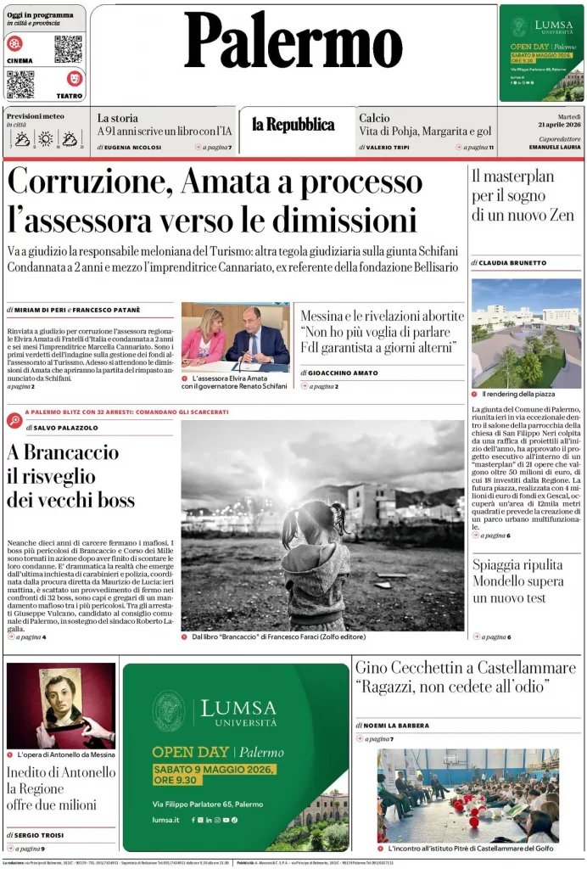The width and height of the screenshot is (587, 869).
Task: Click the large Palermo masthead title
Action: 293,42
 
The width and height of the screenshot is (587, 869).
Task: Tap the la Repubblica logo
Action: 293,125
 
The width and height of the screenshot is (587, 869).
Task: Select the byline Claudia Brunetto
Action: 512,263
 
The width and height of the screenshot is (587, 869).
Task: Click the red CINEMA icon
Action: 15,43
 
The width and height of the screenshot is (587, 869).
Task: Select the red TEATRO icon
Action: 75,79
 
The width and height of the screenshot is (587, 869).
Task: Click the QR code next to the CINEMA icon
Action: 68,49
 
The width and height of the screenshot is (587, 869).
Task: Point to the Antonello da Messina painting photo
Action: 60,704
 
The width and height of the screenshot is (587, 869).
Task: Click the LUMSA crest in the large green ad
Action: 168,711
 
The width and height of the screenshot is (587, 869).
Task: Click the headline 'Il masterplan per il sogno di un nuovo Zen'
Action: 523,195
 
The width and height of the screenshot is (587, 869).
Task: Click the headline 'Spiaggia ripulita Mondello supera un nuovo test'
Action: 517,581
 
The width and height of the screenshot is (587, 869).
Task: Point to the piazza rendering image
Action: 526,333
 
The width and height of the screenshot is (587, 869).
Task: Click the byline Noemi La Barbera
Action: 394,726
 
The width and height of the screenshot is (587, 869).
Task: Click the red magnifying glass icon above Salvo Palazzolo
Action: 15,420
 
